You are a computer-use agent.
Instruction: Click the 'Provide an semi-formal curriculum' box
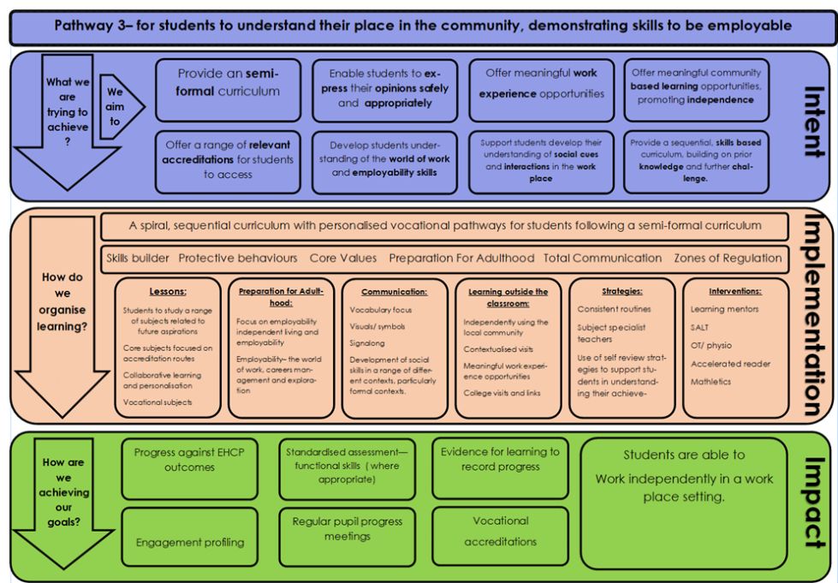(x=229, y=90)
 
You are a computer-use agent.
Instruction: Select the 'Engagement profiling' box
(x=190, y=537)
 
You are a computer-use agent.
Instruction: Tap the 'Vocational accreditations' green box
(x=500, y=536)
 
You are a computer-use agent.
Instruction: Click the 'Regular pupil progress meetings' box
(x=347, y=537)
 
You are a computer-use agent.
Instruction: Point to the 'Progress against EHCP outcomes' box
(x=190, y=468)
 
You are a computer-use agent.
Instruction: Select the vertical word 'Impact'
(x=815, y=503)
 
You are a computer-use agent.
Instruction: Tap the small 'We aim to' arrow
(x=122, y=107)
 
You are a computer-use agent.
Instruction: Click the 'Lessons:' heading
(x=168, y=292)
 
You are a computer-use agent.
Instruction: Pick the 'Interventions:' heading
(x=735, y=291)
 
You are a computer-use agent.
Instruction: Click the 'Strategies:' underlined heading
(x=622, y=291)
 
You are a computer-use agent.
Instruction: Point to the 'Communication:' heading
(x=395, y=292)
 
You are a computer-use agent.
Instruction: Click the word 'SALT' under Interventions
(x=699, y=327)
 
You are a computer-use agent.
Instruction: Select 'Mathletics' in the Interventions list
(x=710, y=382)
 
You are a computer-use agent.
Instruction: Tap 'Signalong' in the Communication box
(x=367, y=343)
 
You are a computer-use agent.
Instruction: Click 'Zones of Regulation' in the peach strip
(x=728, y=258)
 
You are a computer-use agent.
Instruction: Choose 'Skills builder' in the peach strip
(x=137, y=258)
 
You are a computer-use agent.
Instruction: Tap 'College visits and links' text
(x=502, y=393)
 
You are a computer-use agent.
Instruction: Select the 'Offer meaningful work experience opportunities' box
(x=542, y=90)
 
